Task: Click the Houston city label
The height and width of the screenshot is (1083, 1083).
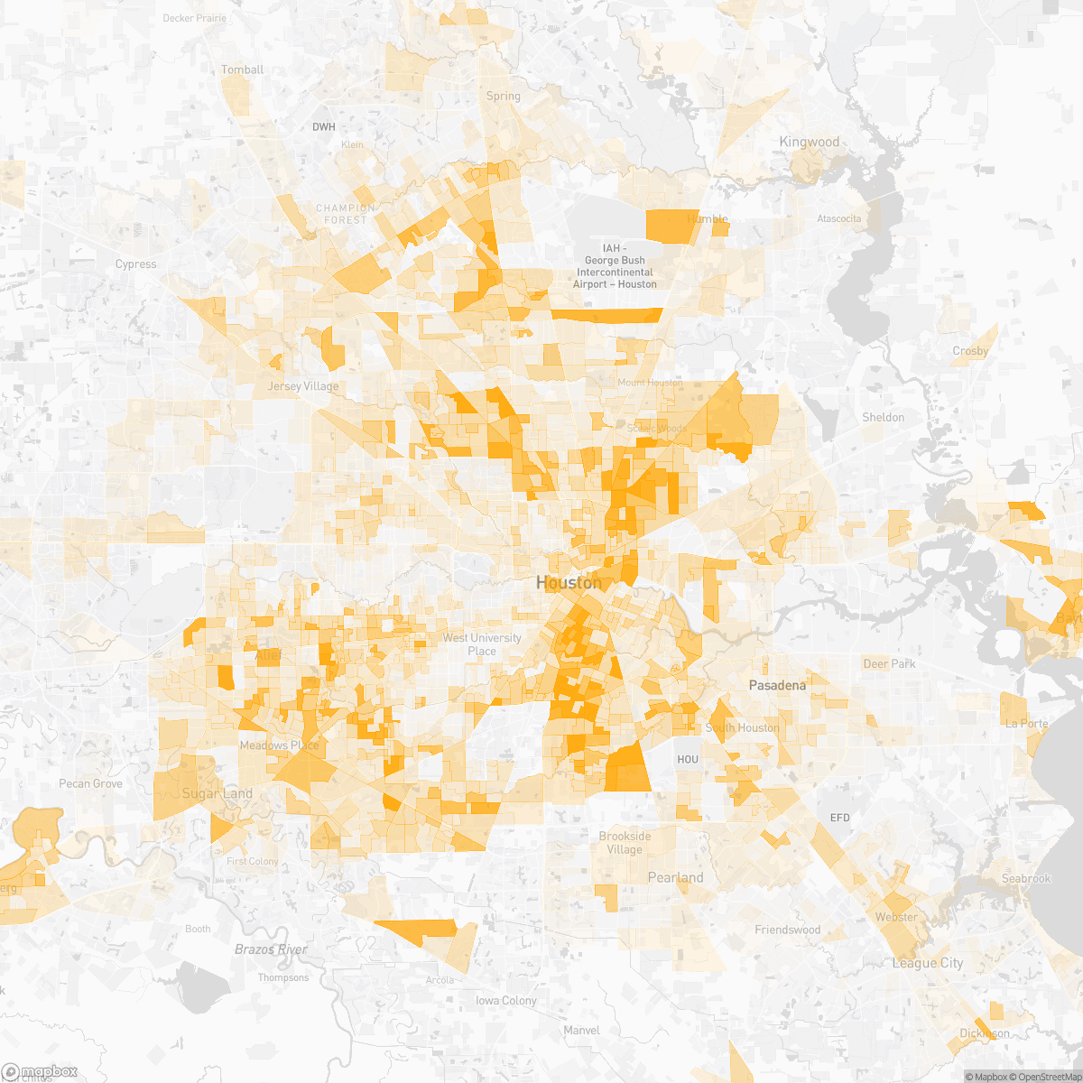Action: [569, 583]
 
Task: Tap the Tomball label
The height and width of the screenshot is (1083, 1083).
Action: [243, 69]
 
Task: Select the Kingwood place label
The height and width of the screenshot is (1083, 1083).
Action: [810, 142]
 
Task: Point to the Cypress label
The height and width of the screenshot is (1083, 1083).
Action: [136, 264]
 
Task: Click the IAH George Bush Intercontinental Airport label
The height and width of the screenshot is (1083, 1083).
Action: [615, 266]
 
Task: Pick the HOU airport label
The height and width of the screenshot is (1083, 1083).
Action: [688, 759]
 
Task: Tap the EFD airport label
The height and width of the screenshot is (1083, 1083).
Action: [839, 818]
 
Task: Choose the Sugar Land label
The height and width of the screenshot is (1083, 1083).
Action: [218, 793]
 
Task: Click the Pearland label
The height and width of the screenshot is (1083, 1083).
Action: [675, 877]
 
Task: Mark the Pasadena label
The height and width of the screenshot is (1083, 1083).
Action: [777, 685]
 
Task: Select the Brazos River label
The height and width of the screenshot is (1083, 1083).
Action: [271, 949]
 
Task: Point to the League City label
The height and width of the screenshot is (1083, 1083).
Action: [928, 963]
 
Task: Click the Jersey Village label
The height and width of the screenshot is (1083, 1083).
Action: [303, 386]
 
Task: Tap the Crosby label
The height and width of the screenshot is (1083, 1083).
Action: [970, 351]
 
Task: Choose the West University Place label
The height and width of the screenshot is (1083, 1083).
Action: [482, 644]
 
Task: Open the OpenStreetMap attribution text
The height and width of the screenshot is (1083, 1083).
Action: [1048, 1077]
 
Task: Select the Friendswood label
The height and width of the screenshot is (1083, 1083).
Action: [788, 930]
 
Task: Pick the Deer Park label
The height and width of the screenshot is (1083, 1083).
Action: [889, 663]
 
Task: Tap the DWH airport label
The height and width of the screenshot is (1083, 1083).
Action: [323, 127]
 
